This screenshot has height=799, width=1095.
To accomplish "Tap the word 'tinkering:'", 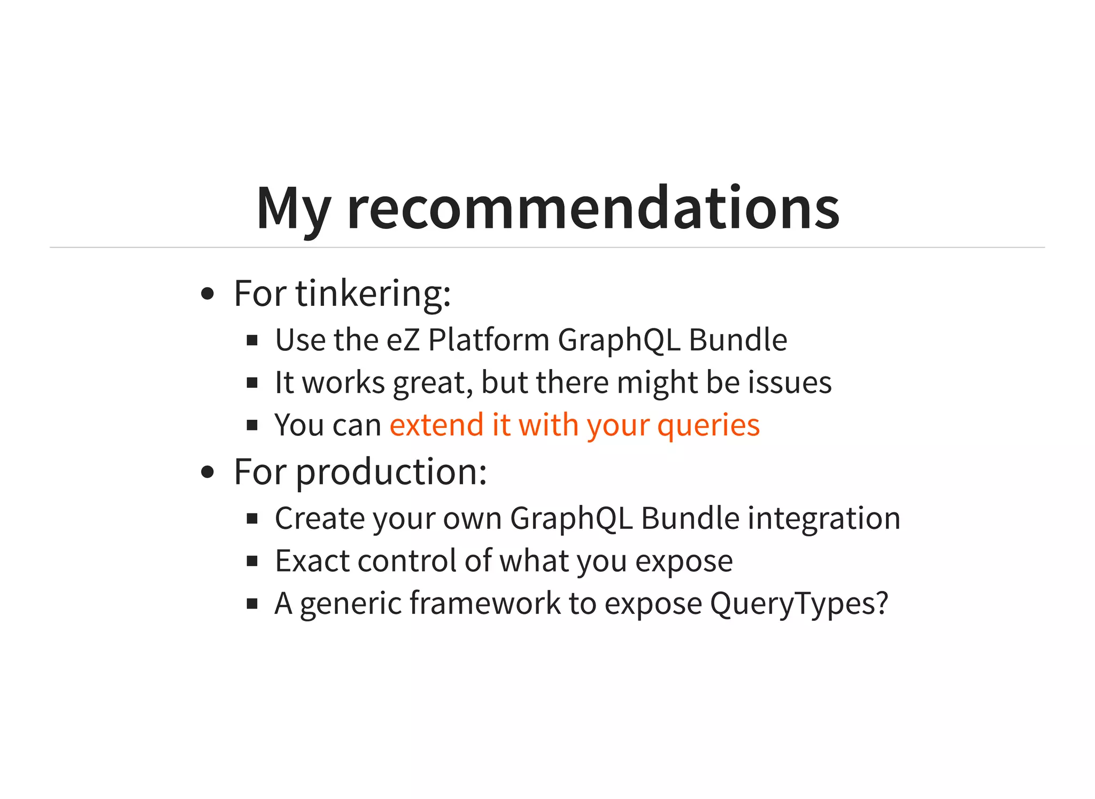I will click(373, 294).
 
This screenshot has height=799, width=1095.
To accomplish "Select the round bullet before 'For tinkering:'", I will click(207, 294).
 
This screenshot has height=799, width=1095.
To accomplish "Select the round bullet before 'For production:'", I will click(207, 472).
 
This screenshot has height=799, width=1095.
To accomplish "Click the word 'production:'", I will click(391, 473).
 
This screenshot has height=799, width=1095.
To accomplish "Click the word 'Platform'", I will click(489, 340).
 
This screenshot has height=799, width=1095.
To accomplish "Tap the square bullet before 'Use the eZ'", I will click(252, 341).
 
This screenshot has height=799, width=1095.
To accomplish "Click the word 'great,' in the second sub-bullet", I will click(433, 383).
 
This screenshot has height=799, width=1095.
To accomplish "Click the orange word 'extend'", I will click(436, 425).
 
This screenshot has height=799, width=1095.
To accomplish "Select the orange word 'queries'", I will click(708, 426).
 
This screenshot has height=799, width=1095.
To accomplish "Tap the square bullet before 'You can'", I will click(252, 426).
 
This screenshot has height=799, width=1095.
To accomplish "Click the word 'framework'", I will click(485, 603).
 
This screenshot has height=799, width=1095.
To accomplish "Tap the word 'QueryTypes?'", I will click(799, 604).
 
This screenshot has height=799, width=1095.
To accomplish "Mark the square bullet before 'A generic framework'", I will click(252, 604).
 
